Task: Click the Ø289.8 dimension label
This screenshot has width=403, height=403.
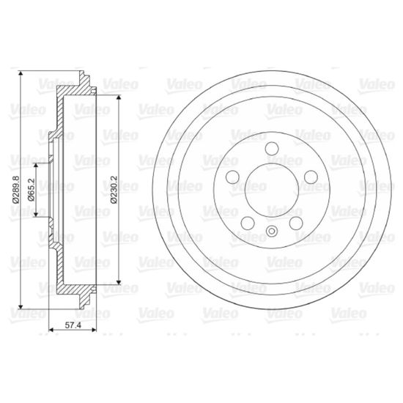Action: pyautogui.click(x=15, y=190)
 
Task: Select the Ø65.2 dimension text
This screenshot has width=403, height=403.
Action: pyautogui.click(x=31, y=190)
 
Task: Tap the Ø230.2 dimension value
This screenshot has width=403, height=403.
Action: pyautogui.click(x=114, y=190)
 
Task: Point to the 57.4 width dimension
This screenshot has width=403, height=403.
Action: pyautogui.click(x=73, y=325)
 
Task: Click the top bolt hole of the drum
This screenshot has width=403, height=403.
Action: pyautogui.click(x=272, y=149)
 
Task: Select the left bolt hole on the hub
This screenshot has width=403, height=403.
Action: pyautogui.click(x=232, y=177)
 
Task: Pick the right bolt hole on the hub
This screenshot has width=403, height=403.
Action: pyautogui.click(x=311, y=177)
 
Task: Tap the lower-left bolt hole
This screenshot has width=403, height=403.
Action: pyautogui.click(x=248, y=223)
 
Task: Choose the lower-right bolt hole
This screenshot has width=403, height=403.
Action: pyautogui.click(x=296, y=223)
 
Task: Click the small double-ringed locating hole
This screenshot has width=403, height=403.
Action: pyautogui.click(x=272, y=231)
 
